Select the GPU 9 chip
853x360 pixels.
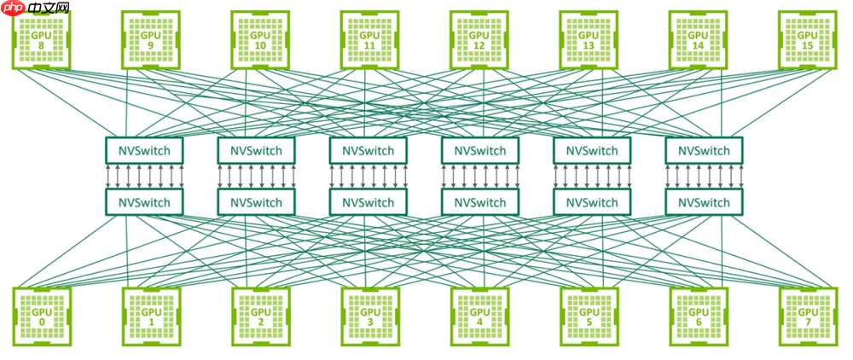click(x=150, y=39)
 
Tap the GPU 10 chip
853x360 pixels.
click(x=259, y=39)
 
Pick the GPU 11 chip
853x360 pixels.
click(x=369, y=39)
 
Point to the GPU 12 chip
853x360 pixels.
click(x=479, y=39)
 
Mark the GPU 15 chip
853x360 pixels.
click(x=806, y=39)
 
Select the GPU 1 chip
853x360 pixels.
click(x=151, y=316)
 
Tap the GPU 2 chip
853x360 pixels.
click(x=260, y=316)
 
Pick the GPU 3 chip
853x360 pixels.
click(x=369, y=316)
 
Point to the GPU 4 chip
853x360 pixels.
click(x=479, y=316)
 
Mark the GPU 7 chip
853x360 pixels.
click(x=806, y=316)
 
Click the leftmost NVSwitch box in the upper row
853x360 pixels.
click(x=144, y=151)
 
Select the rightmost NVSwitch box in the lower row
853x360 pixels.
click(x=704, y=202)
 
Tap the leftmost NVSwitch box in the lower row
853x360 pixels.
click(x=144, y=202)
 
